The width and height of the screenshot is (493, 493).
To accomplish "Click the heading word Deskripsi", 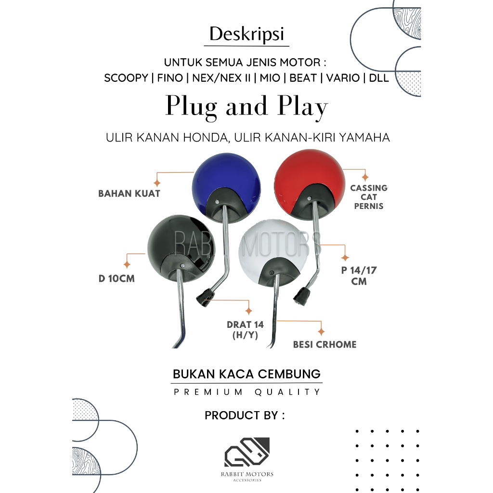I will click(246, 35).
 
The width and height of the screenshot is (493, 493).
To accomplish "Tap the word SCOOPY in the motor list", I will click(126, 78).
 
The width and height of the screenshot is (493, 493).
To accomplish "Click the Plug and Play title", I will click(246, 107).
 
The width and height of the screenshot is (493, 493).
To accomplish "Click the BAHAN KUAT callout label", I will click(129, 194).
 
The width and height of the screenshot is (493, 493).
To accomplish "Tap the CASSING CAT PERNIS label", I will click(369, 197).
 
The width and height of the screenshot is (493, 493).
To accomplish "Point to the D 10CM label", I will click(117, 278).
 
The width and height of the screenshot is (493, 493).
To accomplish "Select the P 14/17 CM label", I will click(359, 275).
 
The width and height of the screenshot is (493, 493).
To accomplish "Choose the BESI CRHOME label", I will click(324, 344).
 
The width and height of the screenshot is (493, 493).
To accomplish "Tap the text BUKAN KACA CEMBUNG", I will click(246, 374).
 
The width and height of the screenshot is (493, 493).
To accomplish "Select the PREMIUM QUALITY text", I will click(246, 392).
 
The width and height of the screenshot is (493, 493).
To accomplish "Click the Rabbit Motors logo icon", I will click(246, 453).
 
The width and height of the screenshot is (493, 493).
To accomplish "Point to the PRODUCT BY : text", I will click(245, 415).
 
